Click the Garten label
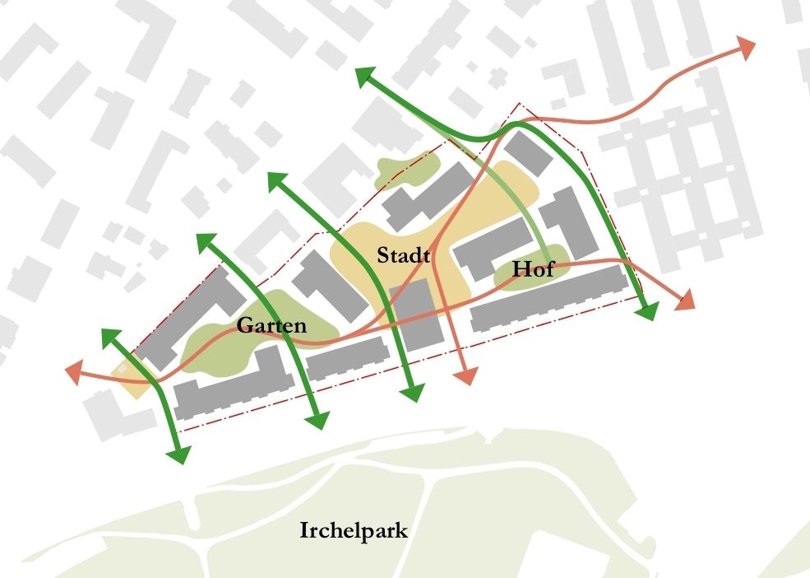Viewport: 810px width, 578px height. (271, 325)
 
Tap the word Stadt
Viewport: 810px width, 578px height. (404, 255)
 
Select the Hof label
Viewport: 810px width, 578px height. (533, 268)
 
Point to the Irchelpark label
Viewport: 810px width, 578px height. (354, 530)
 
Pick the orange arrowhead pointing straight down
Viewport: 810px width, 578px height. (465, 375)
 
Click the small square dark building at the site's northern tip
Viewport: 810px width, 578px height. (527, 153)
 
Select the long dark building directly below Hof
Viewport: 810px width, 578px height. (551, 300)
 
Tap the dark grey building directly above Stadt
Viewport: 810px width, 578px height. (428, 197)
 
